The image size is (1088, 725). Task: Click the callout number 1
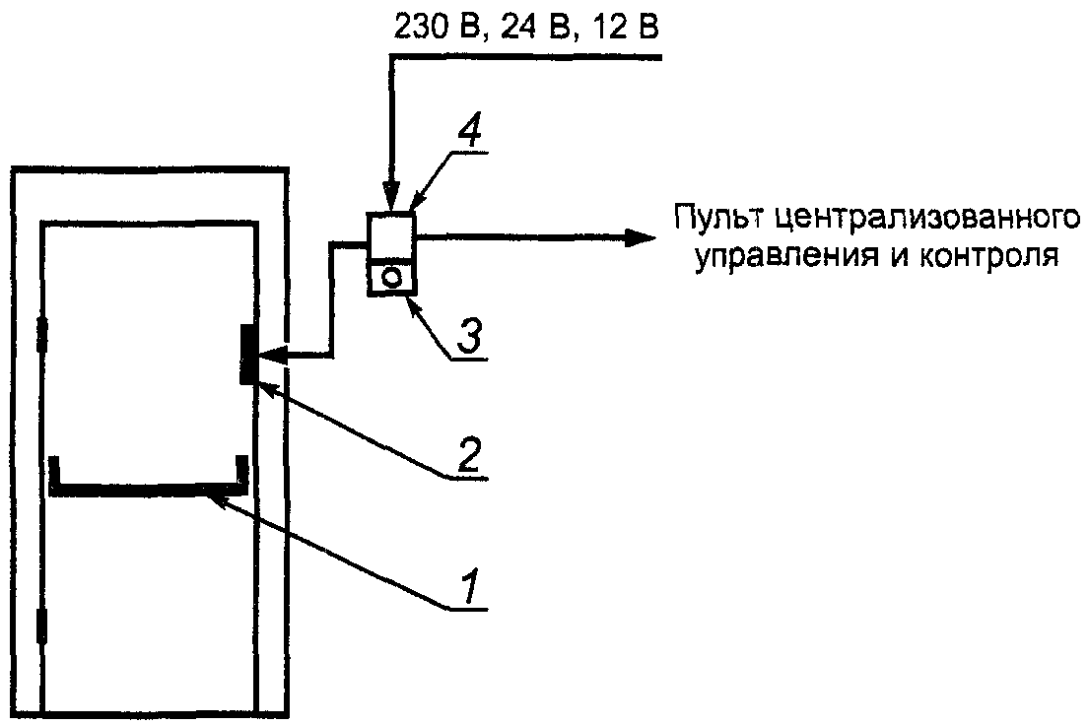pyautogui.click(x=471, y=588)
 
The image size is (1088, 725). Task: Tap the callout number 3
pyautogui.click(x=472, y=337)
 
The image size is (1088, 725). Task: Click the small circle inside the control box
pyautogui.click(x=392, y=278)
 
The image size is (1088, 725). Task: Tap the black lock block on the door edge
pyautogui.click(x=247, y=355)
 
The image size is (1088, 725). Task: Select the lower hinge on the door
pyautogui.click(x=41, y=626)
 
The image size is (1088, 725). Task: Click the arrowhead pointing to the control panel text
pyautogui.click(x=644, y=236)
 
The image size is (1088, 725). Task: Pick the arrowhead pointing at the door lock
pyautogui.click(x=271, y=355)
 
